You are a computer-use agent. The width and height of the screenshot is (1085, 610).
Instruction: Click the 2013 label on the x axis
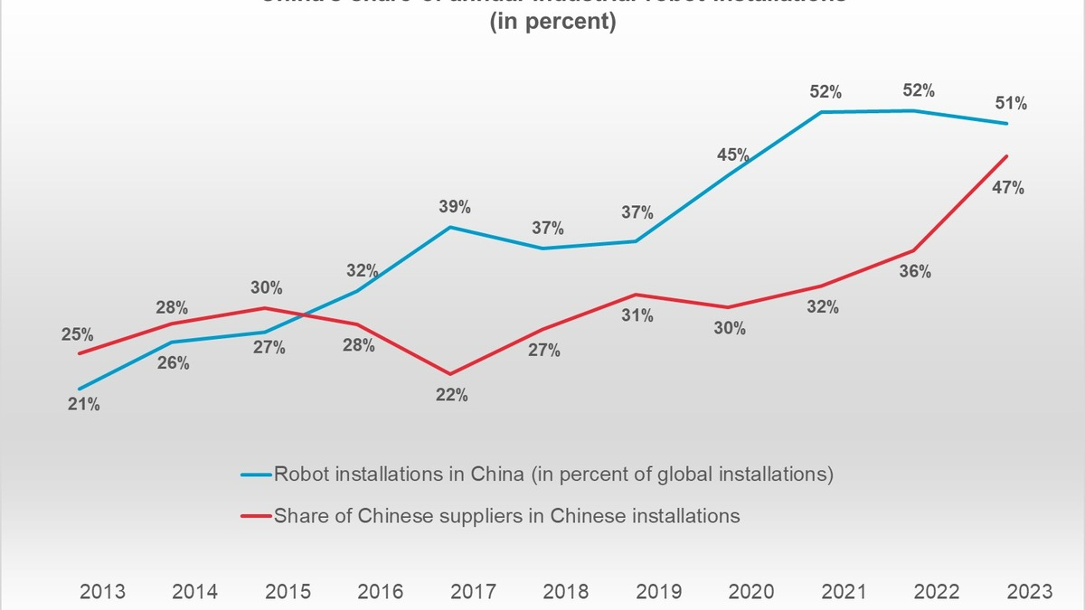pos(103,592)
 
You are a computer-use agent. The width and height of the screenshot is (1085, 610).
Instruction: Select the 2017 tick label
pos(473,592)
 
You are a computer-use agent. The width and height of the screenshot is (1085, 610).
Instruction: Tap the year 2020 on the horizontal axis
pos(750,592)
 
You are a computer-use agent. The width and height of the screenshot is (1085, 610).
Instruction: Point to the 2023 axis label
pos(1028,592)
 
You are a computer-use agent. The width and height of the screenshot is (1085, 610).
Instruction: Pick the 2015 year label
pos(288,592)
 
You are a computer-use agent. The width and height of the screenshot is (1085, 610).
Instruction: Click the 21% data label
pos(84,405)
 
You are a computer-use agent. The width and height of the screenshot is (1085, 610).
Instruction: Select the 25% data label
pos(77,335)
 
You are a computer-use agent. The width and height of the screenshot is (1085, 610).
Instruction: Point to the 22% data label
pos(451,395)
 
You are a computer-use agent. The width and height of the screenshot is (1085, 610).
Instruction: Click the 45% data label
pos(733,155)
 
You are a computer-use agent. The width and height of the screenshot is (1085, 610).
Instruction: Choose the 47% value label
pos(1008,188)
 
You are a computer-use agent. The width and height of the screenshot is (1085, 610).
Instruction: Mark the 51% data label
pos(1011,104)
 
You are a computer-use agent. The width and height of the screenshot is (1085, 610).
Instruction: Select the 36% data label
pos(915,271)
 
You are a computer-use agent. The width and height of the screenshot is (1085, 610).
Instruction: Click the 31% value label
pos(637,316)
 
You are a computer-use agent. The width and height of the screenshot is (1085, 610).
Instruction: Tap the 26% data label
pos(174,363)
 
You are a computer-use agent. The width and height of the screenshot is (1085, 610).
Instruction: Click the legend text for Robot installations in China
pos(553,474)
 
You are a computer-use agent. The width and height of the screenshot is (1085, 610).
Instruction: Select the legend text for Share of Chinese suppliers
pos(506,516)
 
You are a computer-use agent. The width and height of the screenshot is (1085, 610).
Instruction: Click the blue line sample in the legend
pos(255,474)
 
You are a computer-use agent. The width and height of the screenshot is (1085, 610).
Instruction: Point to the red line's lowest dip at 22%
pos(449,373)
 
